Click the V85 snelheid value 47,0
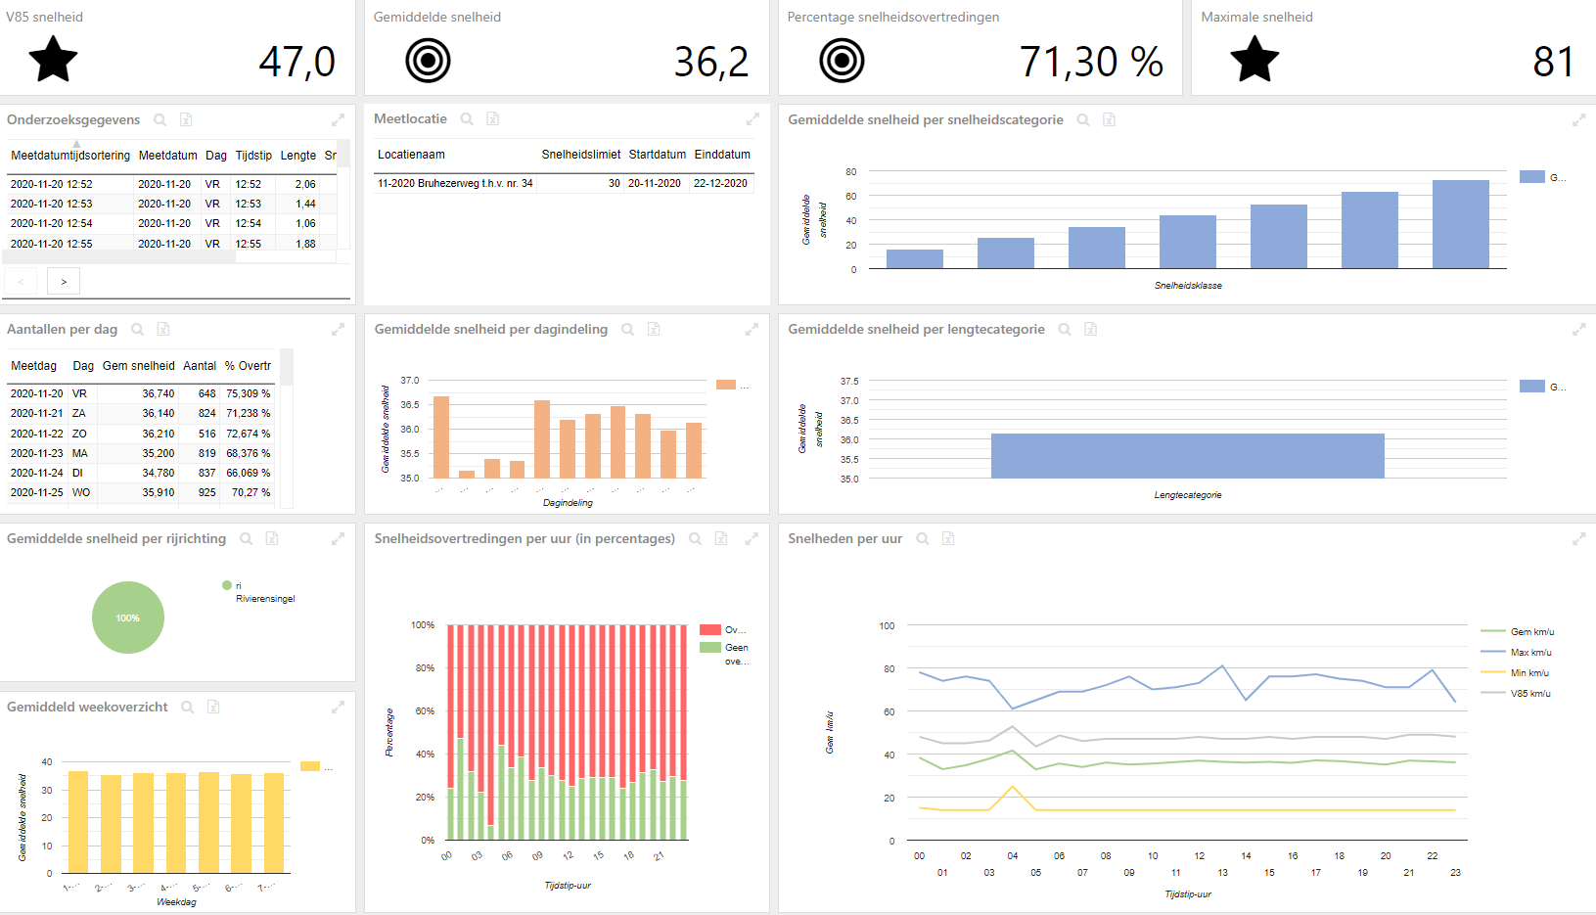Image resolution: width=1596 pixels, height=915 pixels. tap(296, 62)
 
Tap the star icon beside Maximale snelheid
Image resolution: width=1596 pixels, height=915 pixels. tap(1254, 60)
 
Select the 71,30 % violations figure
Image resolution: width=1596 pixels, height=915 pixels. tap(1090, 62)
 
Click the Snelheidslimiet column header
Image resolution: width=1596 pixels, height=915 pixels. tap(580, 155)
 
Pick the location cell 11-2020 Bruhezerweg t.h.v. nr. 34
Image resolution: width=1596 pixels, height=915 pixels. tap(455, 183)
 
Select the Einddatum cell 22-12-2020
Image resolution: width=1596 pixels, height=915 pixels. tap(720, 183)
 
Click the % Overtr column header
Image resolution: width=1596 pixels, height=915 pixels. tap(248, 366)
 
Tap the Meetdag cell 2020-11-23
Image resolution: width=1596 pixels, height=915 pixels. tap(37, 453)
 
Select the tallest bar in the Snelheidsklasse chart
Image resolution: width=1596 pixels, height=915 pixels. tap(1460, 223)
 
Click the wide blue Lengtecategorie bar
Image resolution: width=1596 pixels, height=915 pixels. tap(1187, 455)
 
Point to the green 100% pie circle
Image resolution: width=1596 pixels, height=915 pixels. tap(128, 618)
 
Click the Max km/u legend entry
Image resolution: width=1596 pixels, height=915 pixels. tap(1530, 652)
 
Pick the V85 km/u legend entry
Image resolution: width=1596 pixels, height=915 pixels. tap(1530, 693)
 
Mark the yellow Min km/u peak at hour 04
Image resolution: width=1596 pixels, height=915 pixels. tap(1013, 787)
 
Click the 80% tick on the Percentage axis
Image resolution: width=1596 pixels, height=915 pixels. tap(425, 668)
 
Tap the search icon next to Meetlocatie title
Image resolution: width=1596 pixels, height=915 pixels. tap(467, 119)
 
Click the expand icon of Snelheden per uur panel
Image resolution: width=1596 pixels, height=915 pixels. tap(1578, 539)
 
